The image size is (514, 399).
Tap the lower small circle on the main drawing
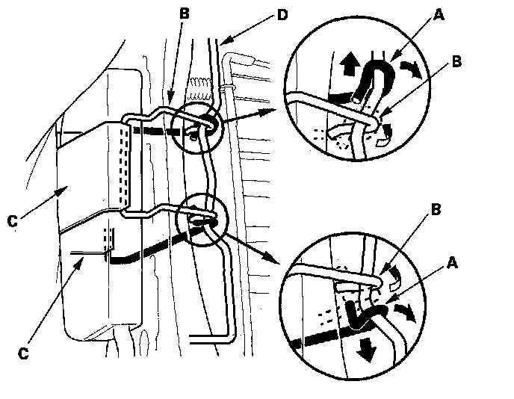pyautogui.click(x=199, y=220)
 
